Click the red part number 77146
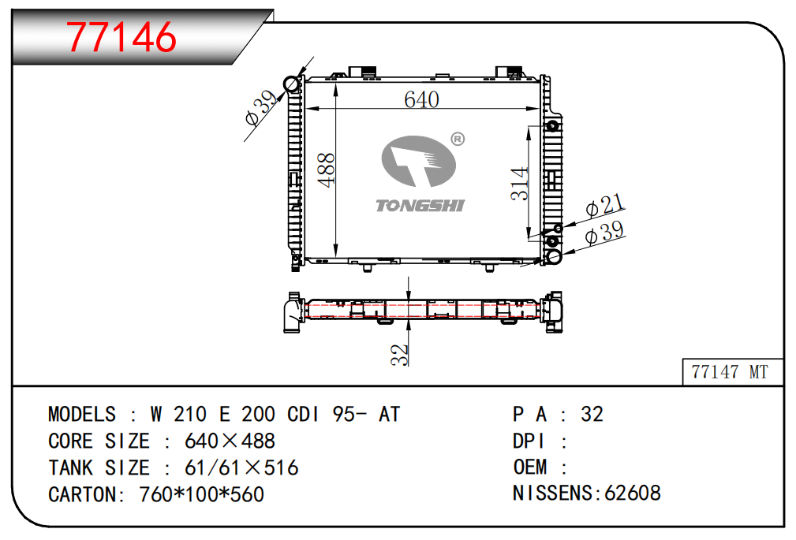[121, 35]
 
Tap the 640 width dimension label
[421, 99]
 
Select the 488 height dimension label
[326, 169]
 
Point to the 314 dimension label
[519, 183]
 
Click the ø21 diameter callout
[605, 207]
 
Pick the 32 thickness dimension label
[401, 354]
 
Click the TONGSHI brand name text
[420, 206]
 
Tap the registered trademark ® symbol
[457, 140]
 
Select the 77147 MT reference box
[729, 372]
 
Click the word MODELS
[81, 414]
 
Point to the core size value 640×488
[230, 441]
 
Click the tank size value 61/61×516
[241, 467]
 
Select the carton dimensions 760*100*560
[201, 494]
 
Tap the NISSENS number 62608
[632, 493]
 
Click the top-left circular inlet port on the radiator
[292, 84]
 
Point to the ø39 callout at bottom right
[605, 233]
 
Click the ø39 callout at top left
[260, 109]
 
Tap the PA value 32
[592, 414]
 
